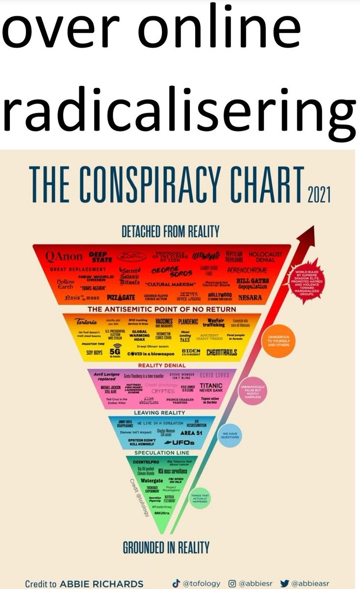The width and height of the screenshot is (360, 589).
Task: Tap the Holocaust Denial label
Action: coord(265,257)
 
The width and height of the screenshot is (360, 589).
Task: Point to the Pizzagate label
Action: coord(120,297)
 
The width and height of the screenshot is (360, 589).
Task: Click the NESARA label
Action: coord(250,297)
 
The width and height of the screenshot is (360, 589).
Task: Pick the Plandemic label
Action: coord(188,322)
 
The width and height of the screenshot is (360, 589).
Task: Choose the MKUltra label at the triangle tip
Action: coord(161,513)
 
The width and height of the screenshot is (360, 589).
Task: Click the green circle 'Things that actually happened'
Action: coord(199,499)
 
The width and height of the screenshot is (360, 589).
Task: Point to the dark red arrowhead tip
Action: coord(312,228)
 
